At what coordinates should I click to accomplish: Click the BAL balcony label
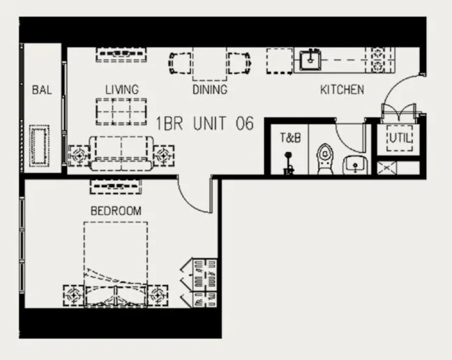click(42, 89)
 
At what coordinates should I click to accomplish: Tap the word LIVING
click(122, 89)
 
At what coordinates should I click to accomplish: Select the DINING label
click(210, 89)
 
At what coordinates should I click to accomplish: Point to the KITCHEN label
click(342, 89)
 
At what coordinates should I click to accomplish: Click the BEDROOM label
click(116, 211)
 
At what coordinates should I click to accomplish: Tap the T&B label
click(291, 137)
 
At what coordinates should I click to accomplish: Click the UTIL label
click(400, 138)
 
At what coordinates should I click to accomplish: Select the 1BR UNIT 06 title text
click(205, 123)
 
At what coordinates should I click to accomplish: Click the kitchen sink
click(310, 60)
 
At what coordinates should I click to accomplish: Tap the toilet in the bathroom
click(325, 159)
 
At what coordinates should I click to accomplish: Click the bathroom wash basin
click(356, 165)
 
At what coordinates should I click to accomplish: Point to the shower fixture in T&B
click(289, 163)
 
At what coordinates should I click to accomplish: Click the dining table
click(210, 63)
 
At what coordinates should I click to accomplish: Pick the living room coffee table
click(121, 112)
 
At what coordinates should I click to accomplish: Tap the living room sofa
click(121, 153)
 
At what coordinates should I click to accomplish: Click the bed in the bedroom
click(116, 264)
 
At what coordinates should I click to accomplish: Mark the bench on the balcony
click(40, 146)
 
